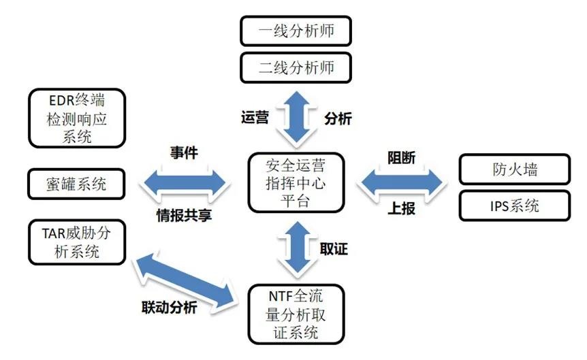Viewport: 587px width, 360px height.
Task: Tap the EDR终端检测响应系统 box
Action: [x=77, y=118]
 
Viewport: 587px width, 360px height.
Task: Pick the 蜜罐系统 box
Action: [x=77, y=184]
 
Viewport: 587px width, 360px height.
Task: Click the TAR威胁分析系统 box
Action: [x=77, y=243]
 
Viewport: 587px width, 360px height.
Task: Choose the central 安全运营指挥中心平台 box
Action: [x=296, y=182]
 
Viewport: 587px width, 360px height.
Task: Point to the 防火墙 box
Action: [x=514, y=169]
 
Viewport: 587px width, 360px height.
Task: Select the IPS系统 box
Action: [x=514, y=205]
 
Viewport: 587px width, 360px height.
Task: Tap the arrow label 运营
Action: [x=255, y=118]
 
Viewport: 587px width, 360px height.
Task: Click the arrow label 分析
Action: [x=338, y=118]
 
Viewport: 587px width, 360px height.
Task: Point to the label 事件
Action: [x=184, y=154]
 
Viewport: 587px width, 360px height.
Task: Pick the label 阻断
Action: [x=401, y=157]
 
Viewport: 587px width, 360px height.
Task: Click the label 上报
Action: [x=401, y=208]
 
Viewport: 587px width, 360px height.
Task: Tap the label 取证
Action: [x=334, y=248]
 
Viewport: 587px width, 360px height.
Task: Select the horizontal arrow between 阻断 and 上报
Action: [x=401, y=182]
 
